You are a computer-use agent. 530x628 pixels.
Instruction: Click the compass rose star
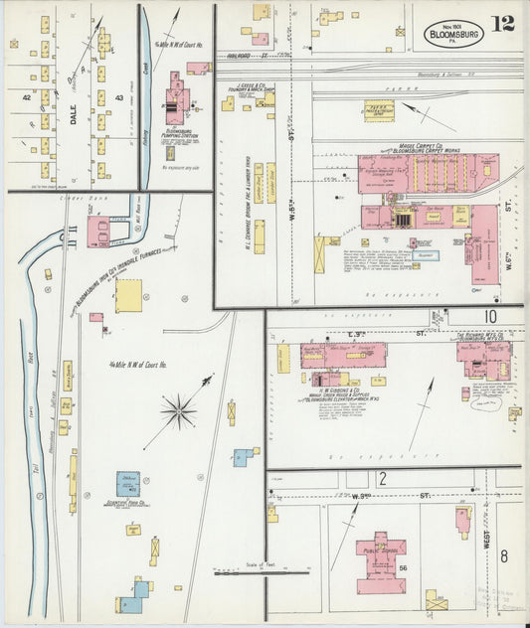pos(179,408)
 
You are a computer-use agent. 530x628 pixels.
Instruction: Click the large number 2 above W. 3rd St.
pos(381,479)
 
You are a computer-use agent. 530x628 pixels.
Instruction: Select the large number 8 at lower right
pos(503,556)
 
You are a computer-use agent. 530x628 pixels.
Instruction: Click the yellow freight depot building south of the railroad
pos(378,110)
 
